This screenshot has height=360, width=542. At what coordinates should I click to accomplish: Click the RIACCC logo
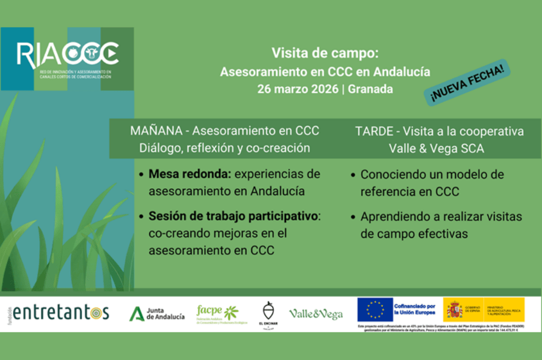67,55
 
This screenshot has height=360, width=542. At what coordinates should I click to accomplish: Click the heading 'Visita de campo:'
325,54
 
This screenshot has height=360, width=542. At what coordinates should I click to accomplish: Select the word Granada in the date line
371,89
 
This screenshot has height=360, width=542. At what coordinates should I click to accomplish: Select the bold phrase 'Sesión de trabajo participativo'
233,217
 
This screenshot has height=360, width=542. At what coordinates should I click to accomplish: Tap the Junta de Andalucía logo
157,313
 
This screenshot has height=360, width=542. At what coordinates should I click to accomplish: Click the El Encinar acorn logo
269,313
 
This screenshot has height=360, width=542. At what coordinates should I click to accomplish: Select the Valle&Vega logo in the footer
315,314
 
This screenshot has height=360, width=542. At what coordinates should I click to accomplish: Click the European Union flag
375,310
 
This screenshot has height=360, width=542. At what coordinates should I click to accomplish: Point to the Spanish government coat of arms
454,310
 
